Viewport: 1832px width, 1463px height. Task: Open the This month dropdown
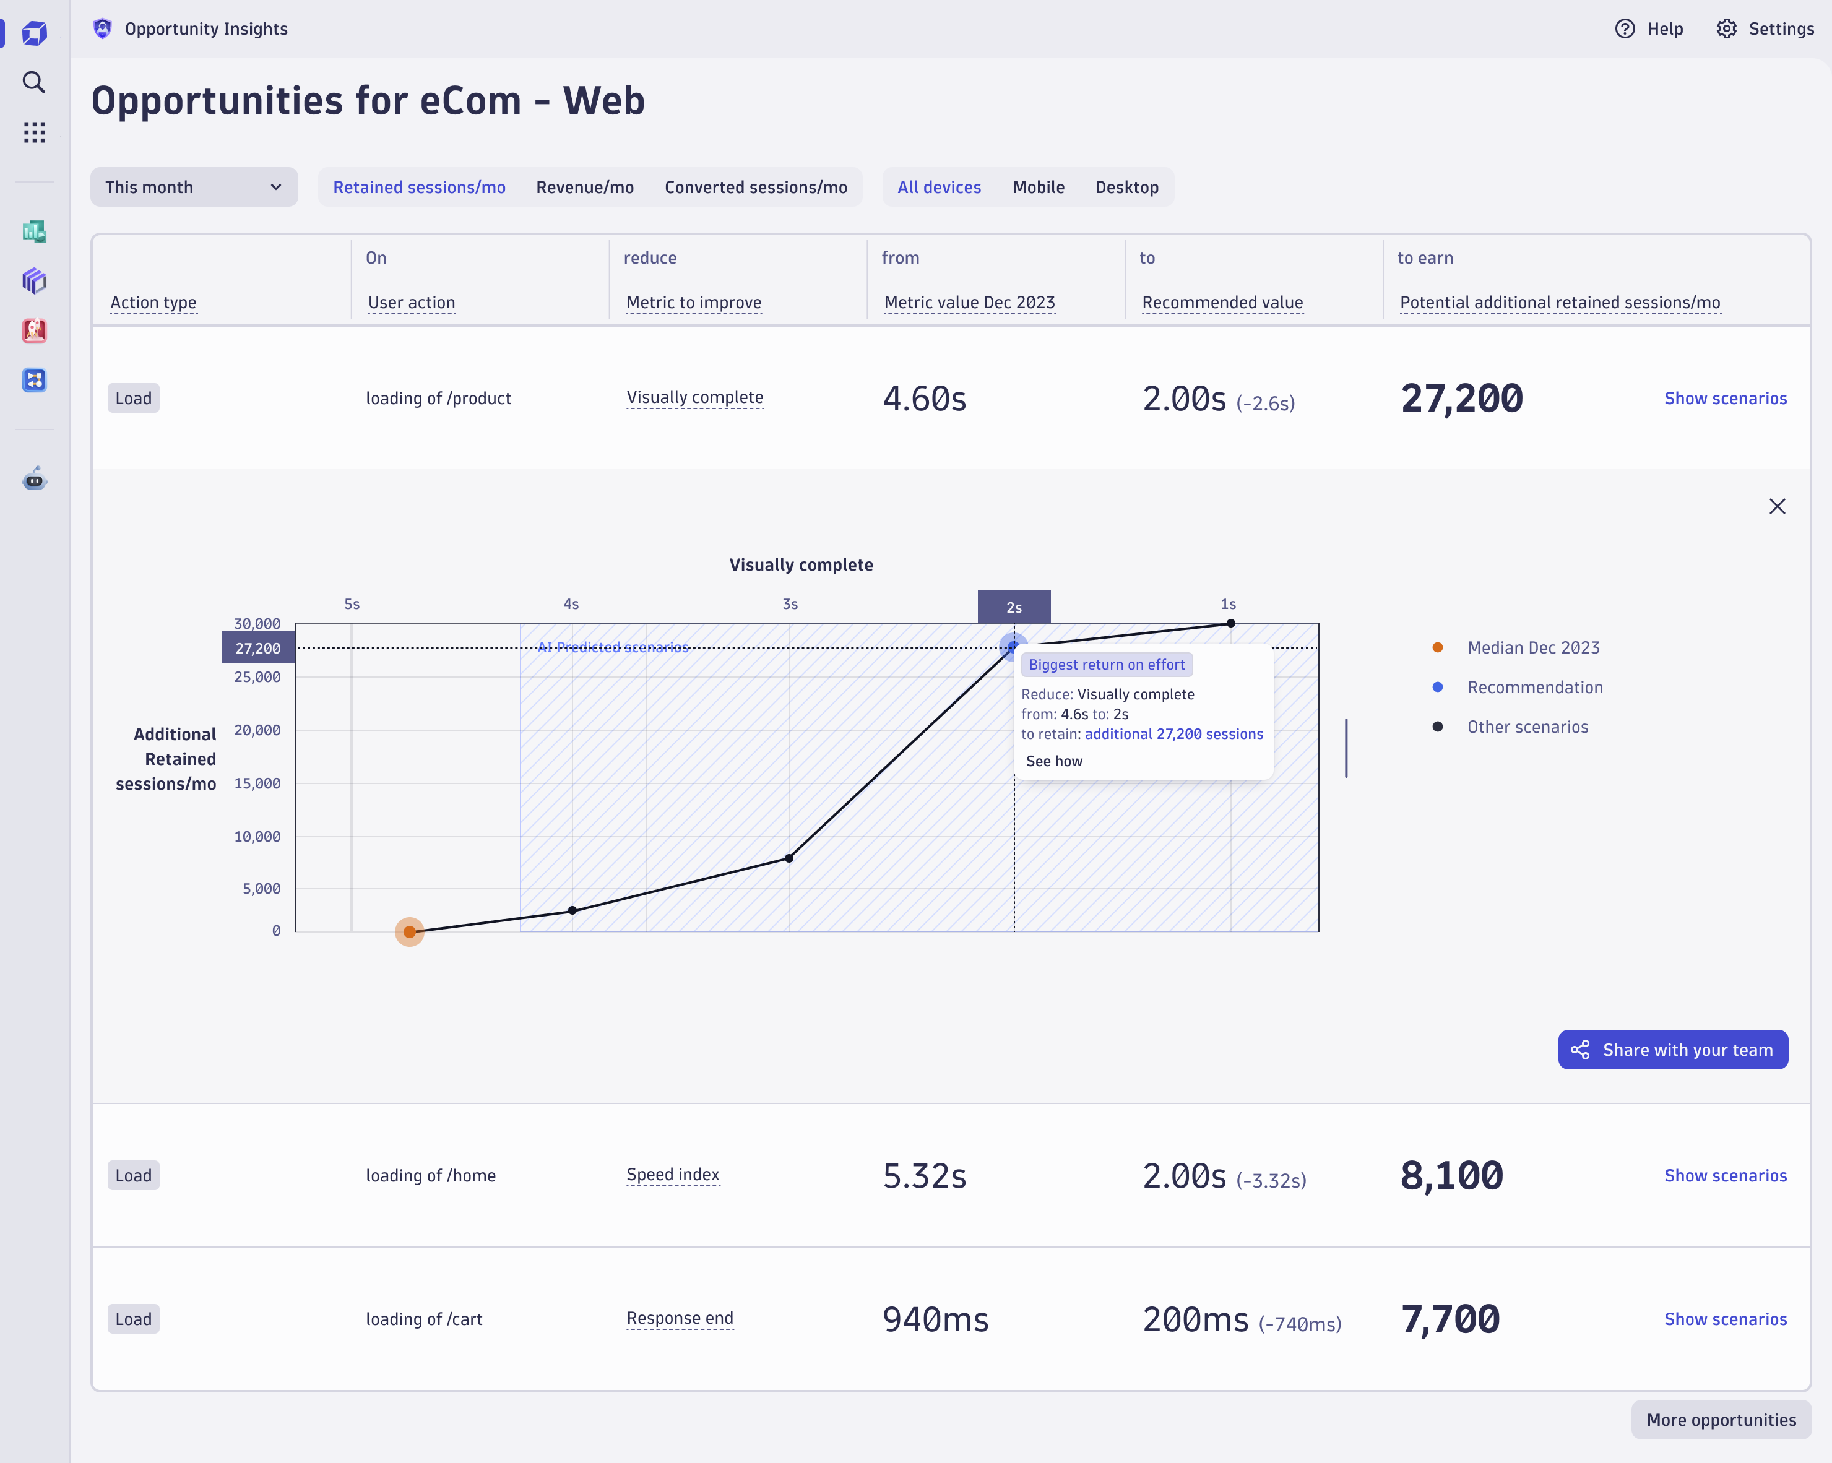click(194, 187)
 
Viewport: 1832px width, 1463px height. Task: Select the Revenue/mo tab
click(585, 187)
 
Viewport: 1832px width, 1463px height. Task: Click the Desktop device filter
click(1126, 187)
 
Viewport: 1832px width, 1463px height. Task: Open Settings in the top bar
click(1765, 29)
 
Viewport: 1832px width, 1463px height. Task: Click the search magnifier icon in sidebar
click(34, 82)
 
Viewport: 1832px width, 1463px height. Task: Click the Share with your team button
click(1672, 1050)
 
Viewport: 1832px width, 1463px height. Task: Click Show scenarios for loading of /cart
click(1725, 1319)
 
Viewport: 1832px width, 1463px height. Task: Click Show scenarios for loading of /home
click(1725, 1176)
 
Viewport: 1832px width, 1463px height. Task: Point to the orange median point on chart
click(410, 932)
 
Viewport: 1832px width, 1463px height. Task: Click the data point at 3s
click(789, 858)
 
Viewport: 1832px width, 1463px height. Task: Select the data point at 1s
click(1230, 624)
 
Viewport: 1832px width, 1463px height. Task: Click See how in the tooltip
click(1053, 761)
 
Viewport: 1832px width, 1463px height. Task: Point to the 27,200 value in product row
click(1461, 399)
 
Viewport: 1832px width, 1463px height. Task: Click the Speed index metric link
click(672, 1175)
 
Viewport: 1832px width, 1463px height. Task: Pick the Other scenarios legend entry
click(1527, 727)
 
